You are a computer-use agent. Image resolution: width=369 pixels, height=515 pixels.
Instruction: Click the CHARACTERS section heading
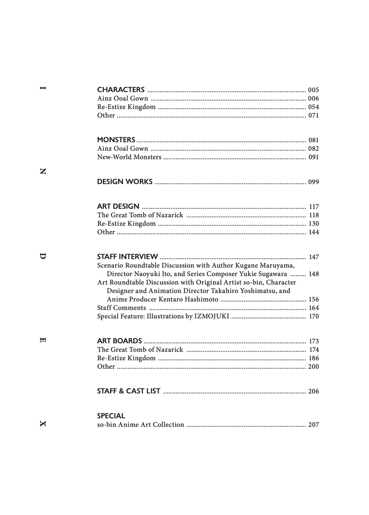click(121, 90)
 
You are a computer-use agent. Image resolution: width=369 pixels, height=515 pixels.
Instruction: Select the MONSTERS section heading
click(116, 140)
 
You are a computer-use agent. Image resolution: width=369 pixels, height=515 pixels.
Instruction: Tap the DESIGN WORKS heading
click(125, 182)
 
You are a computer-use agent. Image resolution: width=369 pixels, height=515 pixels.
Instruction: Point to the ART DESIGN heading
click(118, 207)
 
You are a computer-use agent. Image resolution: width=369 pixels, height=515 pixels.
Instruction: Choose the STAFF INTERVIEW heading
click(128, 257)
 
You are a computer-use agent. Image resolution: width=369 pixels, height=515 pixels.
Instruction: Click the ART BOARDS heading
click(120, 341)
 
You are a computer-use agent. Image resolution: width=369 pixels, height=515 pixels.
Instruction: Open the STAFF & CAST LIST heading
click(129, 391)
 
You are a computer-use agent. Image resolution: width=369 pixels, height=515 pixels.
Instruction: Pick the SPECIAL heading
click(111, 416)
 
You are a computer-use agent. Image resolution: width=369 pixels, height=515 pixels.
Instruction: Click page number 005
click(313, 90)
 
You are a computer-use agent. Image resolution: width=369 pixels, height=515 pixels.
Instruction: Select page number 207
click(313, 425)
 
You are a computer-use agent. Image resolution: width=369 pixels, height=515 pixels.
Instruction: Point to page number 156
click(314, 299)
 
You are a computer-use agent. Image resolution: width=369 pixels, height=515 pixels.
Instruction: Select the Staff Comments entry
click(121, 308)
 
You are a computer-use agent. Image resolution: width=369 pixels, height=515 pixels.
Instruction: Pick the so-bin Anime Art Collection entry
click(141, 425)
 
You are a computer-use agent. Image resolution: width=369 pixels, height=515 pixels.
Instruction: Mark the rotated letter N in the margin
click(43, 172)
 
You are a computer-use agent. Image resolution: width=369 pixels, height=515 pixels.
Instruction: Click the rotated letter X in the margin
click(43, 424)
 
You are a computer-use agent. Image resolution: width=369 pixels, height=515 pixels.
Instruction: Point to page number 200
click(313, 367)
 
